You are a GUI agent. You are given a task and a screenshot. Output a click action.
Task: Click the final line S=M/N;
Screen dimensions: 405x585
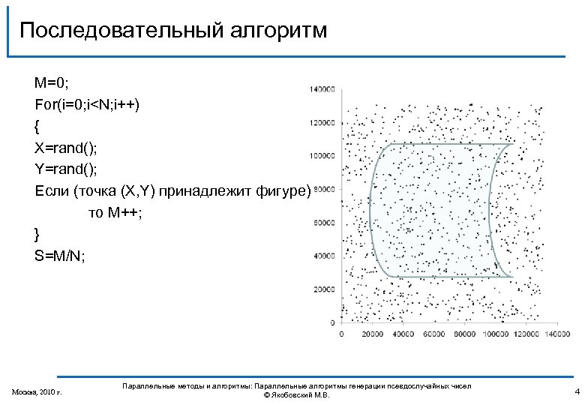60,256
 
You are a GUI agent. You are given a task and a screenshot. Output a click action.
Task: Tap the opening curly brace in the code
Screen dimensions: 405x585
37,124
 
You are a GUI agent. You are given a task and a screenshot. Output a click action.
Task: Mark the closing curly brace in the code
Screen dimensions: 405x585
37,234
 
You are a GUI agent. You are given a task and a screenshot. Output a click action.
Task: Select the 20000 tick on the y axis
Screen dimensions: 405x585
323,289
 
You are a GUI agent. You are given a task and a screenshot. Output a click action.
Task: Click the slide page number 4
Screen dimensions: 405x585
577,391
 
